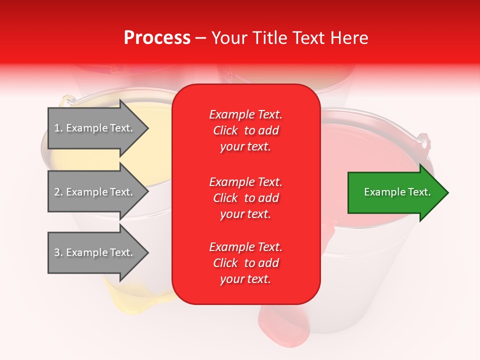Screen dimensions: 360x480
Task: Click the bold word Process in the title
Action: tap(157, 38)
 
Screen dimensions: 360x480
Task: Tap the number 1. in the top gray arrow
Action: tap(58, 128)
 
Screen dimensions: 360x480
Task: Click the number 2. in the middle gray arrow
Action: tap(58, 192)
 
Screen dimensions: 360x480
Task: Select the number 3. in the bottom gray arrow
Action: tap(58, 253)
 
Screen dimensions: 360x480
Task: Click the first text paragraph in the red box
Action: tap(245, 130)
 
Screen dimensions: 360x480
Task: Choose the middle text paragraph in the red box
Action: tap(245, 198)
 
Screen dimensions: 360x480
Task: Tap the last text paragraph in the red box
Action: tap(245, 263)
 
